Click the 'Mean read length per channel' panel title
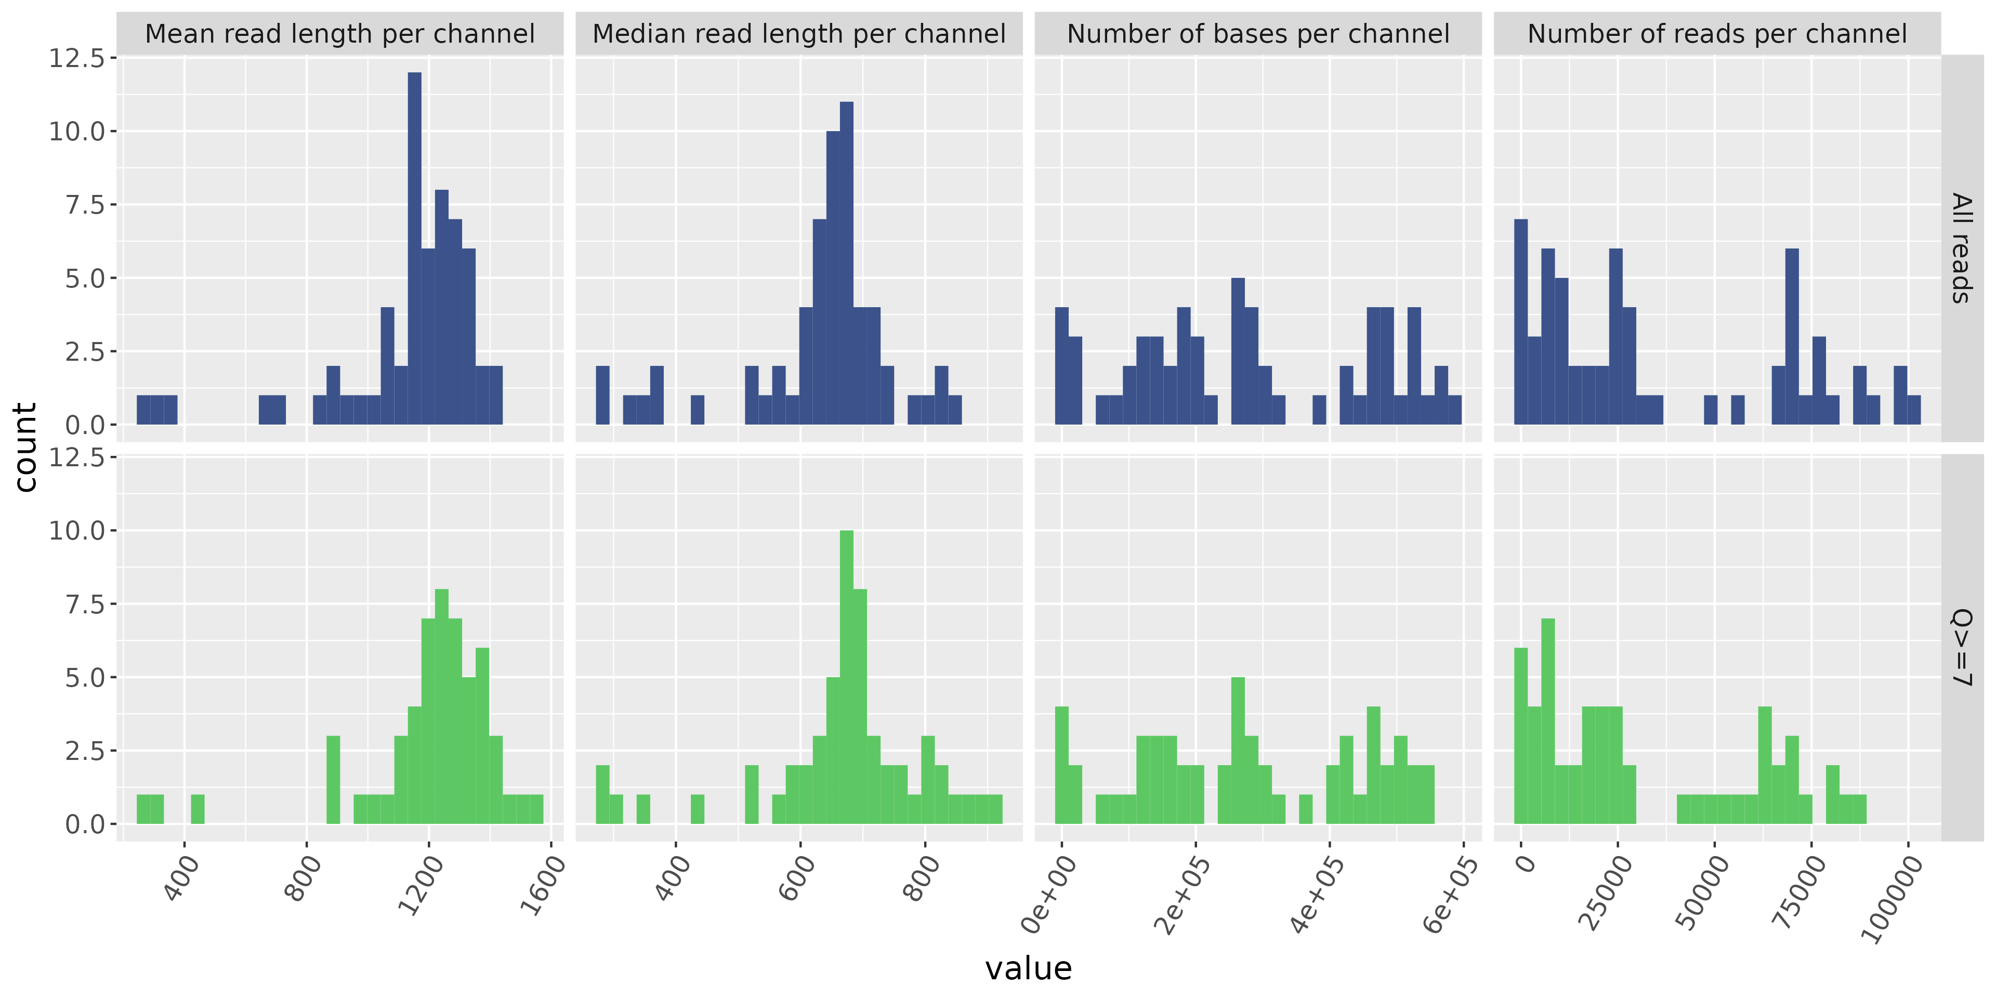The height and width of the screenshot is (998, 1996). (x=339, y=34)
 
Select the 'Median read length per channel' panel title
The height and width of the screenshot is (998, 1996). (x=799, y=34)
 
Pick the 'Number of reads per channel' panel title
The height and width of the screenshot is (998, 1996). (x=1717, y=34)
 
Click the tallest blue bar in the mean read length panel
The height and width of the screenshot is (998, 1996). (x=415, y=248)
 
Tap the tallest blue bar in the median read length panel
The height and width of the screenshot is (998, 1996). (x=847, y=264)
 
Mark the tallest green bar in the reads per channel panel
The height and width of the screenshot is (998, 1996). (x=1548, y=720)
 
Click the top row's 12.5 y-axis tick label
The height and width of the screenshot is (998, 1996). (x=77, y=58)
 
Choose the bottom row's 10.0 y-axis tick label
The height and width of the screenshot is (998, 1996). (x=77, y=531)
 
